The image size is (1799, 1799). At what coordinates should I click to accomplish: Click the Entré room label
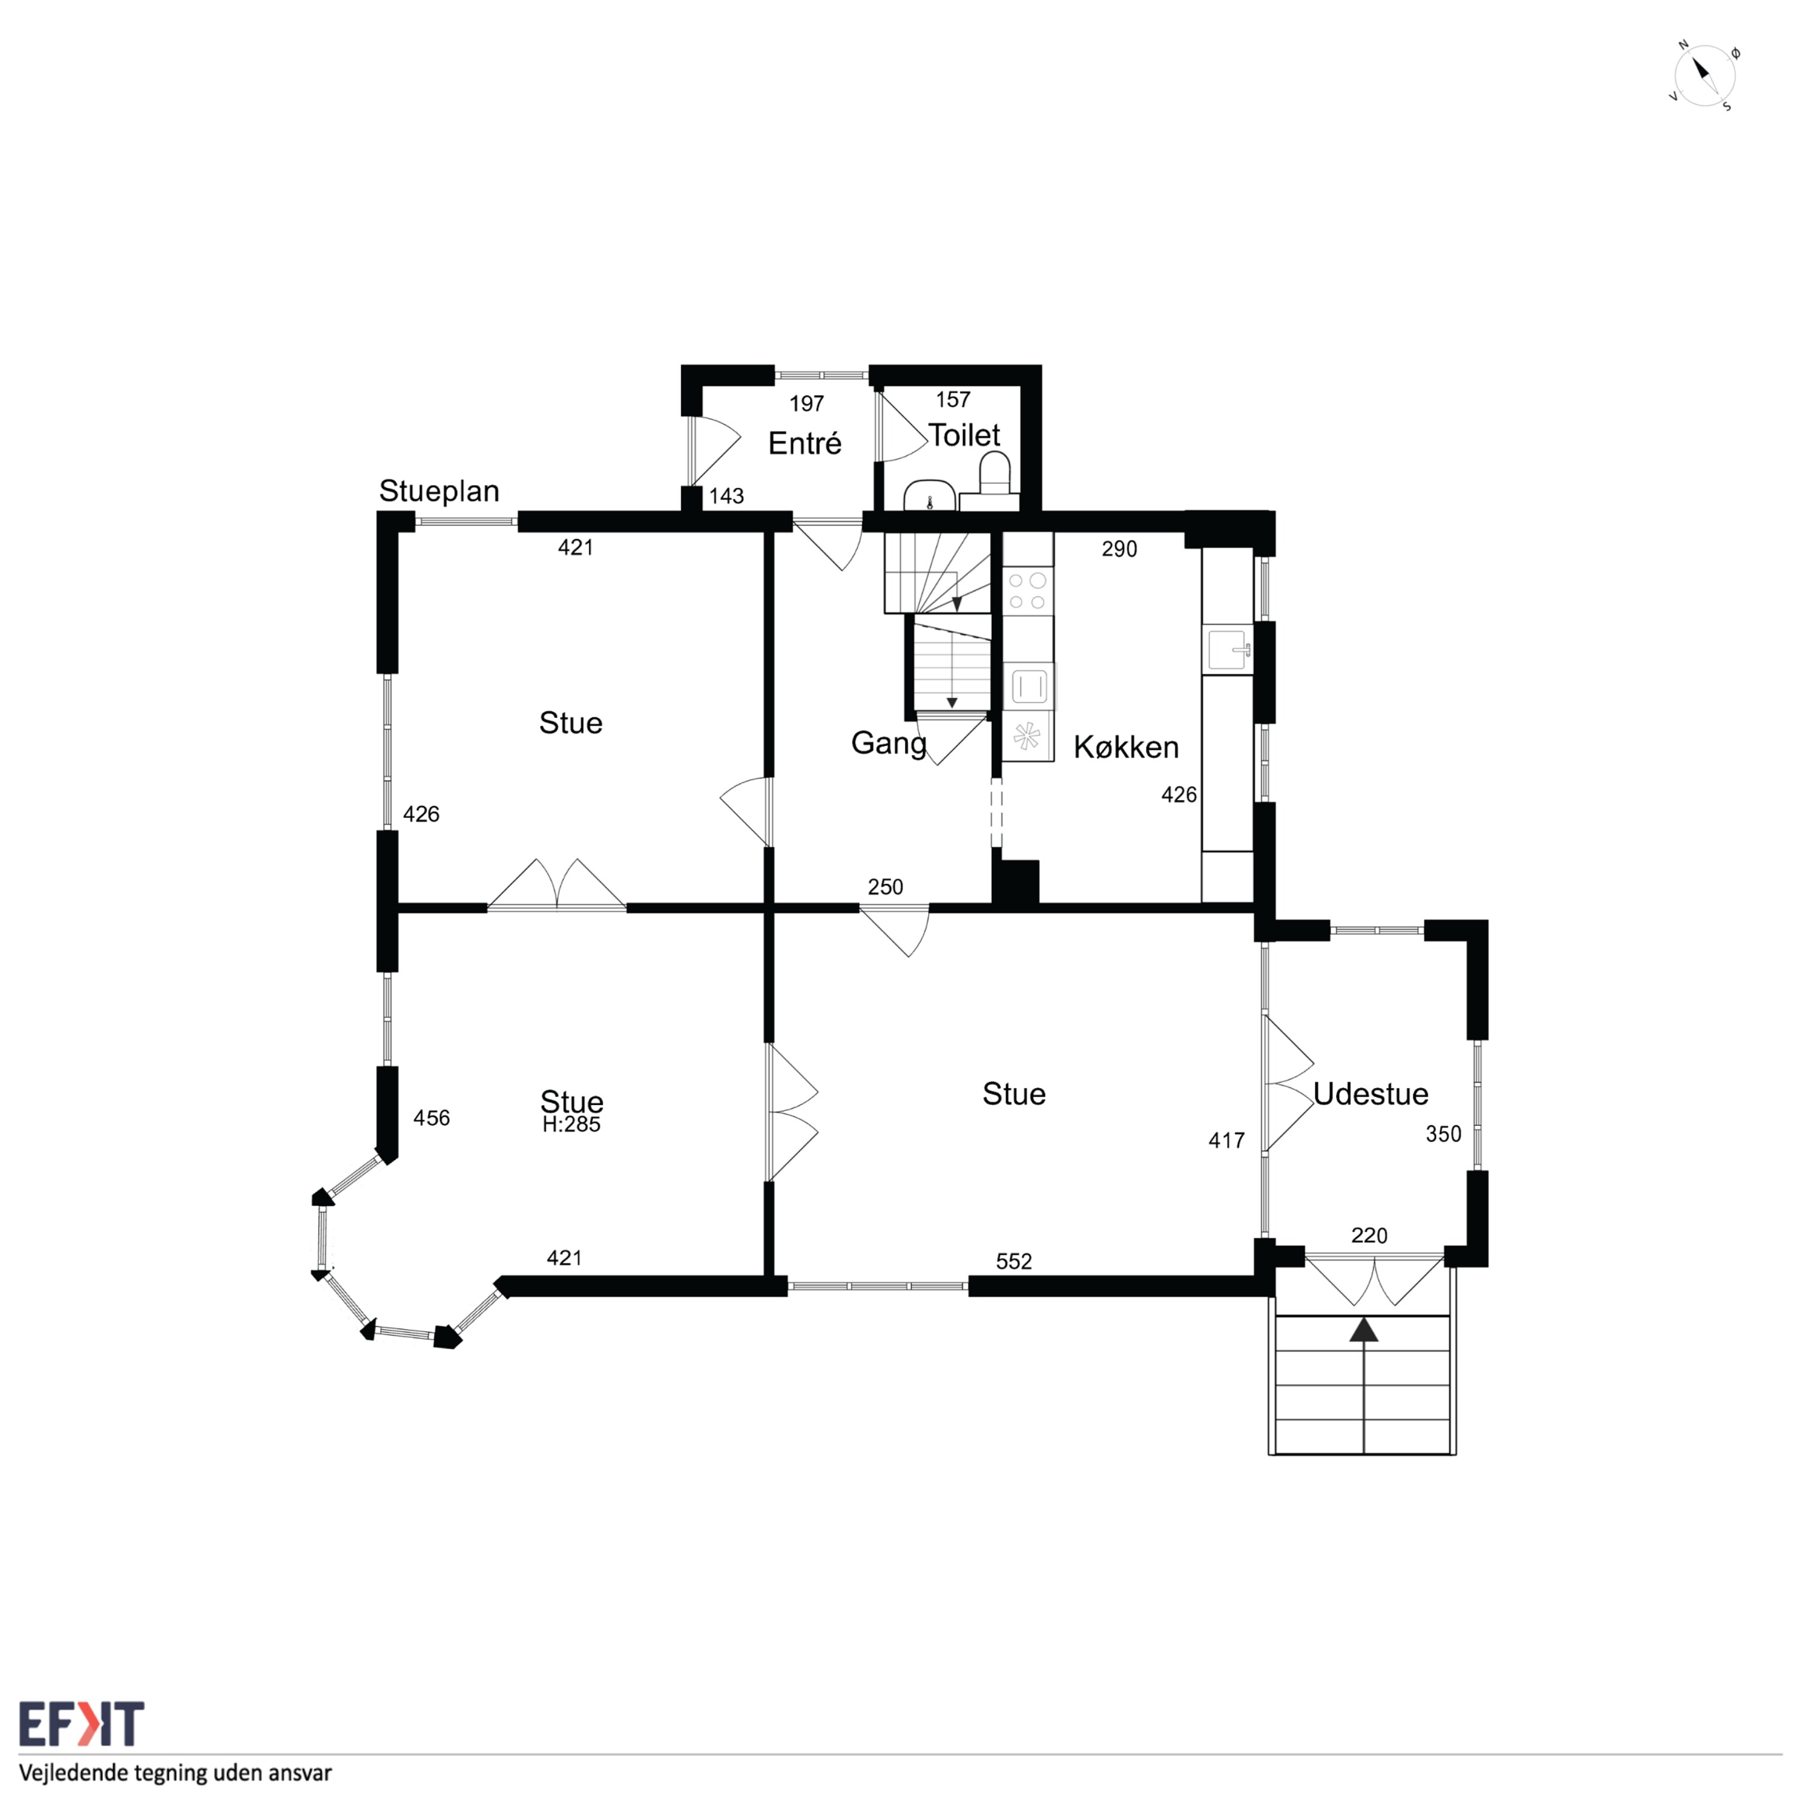pos(805,443)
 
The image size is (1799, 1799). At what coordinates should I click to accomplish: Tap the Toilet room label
pos(964,435)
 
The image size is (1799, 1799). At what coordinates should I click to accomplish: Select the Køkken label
pos(1126,747)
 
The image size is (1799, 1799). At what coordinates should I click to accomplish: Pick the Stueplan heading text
pos(438,491)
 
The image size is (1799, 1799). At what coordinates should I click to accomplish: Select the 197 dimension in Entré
pos(807,403)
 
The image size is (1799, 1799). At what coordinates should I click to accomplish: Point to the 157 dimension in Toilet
pos(953,399)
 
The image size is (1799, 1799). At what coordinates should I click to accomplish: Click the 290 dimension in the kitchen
pos(1119,549)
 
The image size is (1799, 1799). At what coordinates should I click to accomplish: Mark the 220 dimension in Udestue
pos(1369,1236)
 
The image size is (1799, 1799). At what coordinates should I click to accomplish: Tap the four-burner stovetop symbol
pos(1028,590)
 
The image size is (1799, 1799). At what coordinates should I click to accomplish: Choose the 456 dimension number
pos(431,1117)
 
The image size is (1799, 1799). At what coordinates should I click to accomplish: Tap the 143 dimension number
pos(726,495)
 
